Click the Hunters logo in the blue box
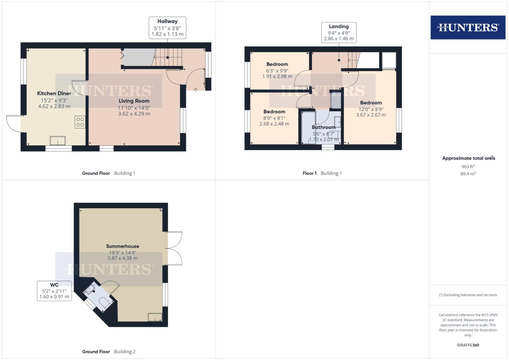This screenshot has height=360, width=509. [468, 27]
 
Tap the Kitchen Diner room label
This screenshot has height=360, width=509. [54, 93]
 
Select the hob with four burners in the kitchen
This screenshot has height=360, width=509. [80, 122]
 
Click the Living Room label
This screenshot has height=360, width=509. [134, 101]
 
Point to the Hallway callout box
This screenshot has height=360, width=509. [167, 28]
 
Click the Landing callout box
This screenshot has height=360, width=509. [339, 33]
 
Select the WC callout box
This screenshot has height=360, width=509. [54, 291]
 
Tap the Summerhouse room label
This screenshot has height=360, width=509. [123, 246]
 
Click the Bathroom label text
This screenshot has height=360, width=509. [324, 127]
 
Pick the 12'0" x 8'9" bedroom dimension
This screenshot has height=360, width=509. [371, 109]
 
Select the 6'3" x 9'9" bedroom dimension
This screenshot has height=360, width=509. [277, 71]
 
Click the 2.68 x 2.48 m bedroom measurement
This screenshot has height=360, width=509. [274, 124]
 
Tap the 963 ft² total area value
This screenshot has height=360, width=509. [468, 166]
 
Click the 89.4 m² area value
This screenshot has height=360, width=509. [468, 174]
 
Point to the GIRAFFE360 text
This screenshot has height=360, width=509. [468, 345]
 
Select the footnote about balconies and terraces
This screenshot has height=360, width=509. [468, 295]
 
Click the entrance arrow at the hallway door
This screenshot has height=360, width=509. [195, 89]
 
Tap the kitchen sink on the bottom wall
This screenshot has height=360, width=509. [58, 141]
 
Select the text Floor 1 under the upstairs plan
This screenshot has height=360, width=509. [309, 173]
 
